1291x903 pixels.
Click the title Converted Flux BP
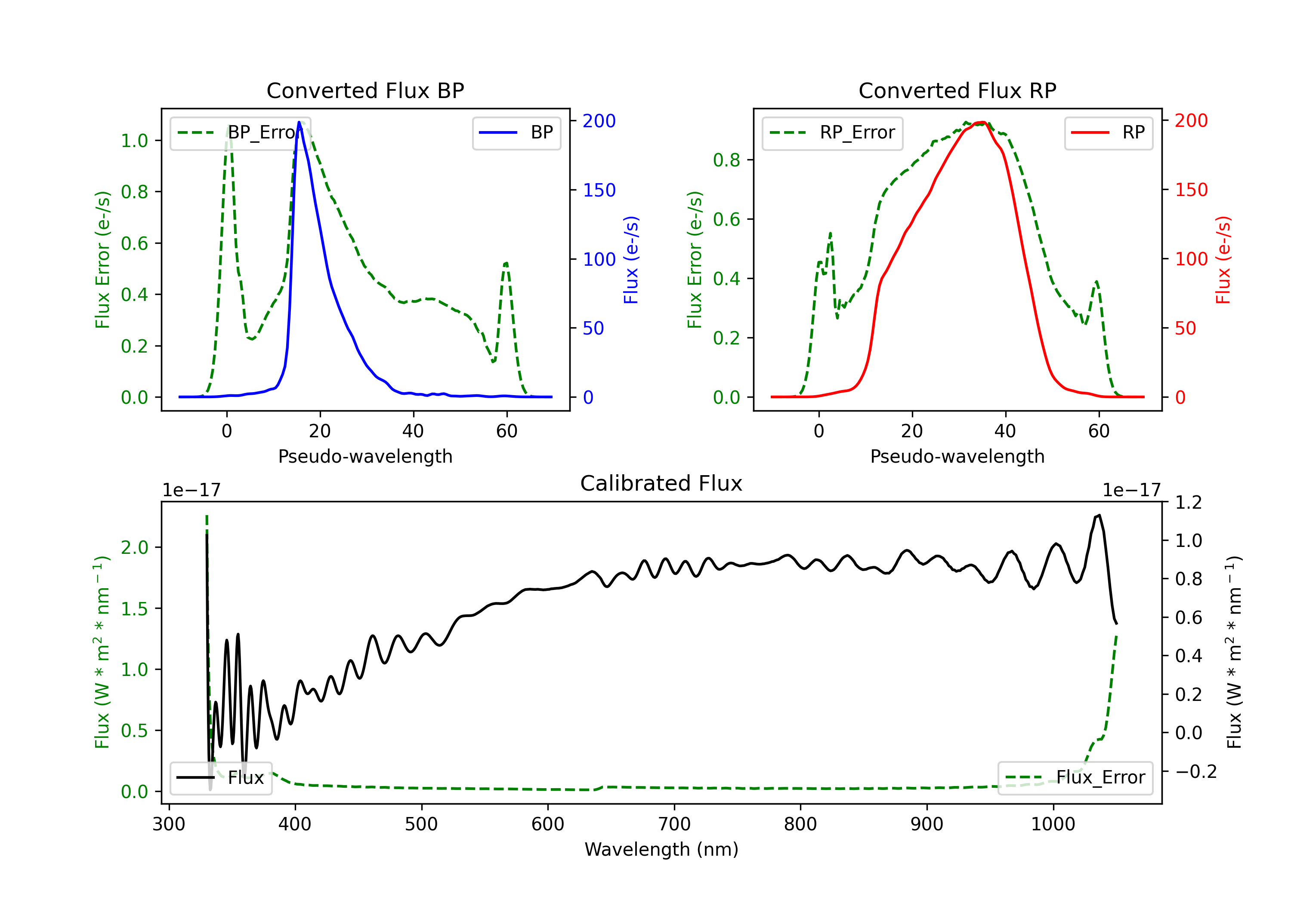coord(365,90)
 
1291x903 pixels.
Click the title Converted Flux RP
coord(957,90)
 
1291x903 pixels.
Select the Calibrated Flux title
coord(661,483)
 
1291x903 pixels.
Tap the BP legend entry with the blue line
coord(516,132)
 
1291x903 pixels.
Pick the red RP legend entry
coord(1108,132)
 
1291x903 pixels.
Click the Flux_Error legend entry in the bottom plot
coord(1075,778)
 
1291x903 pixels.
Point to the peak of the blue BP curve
coord(299,122)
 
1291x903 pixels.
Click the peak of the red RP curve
coord(981,122)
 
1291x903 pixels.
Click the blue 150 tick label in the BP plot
coord(599,190)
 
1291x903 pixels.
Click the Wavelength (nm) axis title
coord(661,850)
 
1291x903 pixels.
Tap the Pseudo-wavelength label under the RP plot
coord(957,457)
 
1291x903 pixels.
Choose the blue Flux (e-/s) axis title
coord(631,260)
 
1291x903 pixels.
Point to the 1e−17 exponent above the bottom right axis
coord(1131,491)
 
